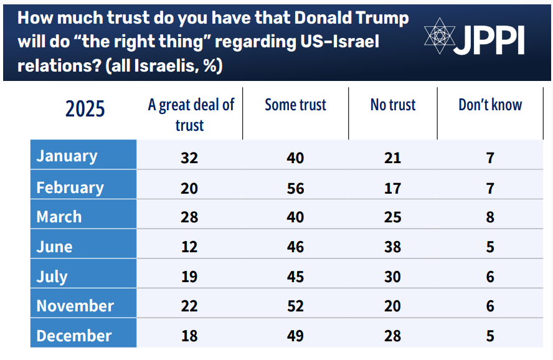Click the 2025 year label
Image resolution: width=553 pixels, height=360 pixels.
85,110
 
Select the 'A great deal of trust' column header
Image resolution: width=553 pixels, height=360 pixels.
191,115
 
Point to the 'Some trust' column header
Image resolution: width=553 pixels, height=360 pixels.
295,105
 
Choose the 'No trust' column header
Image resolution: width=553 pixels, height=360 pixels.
393,105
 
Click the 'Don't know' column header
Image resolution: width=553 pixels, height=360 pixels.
490,105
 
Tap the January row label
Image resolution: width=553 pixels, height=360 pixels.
67,156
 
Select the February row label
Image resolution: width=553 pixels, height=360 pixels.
70,187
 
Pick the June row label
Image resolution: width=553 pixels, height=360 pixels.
55,247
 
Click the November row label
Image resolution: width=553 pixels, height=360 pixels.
75,306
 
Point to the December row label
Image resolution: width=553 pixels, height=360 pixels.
74,336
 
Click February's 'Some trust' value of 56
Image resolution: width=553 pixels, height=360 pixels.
295,188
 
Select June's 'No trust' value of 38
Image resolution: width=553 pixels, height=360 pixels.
392,247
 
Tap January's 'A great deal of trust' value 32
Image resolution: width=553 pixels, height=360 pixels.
189,158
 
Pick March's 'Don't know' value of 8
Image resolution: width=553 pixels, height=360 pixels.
490,217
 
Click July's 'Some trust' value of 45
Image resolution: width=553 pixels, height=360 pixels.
295,277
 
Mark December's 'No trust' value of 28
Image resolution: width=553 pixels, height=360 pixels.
392,336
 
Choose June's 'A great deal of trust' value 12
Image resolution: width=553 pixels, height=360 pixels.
189,247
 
